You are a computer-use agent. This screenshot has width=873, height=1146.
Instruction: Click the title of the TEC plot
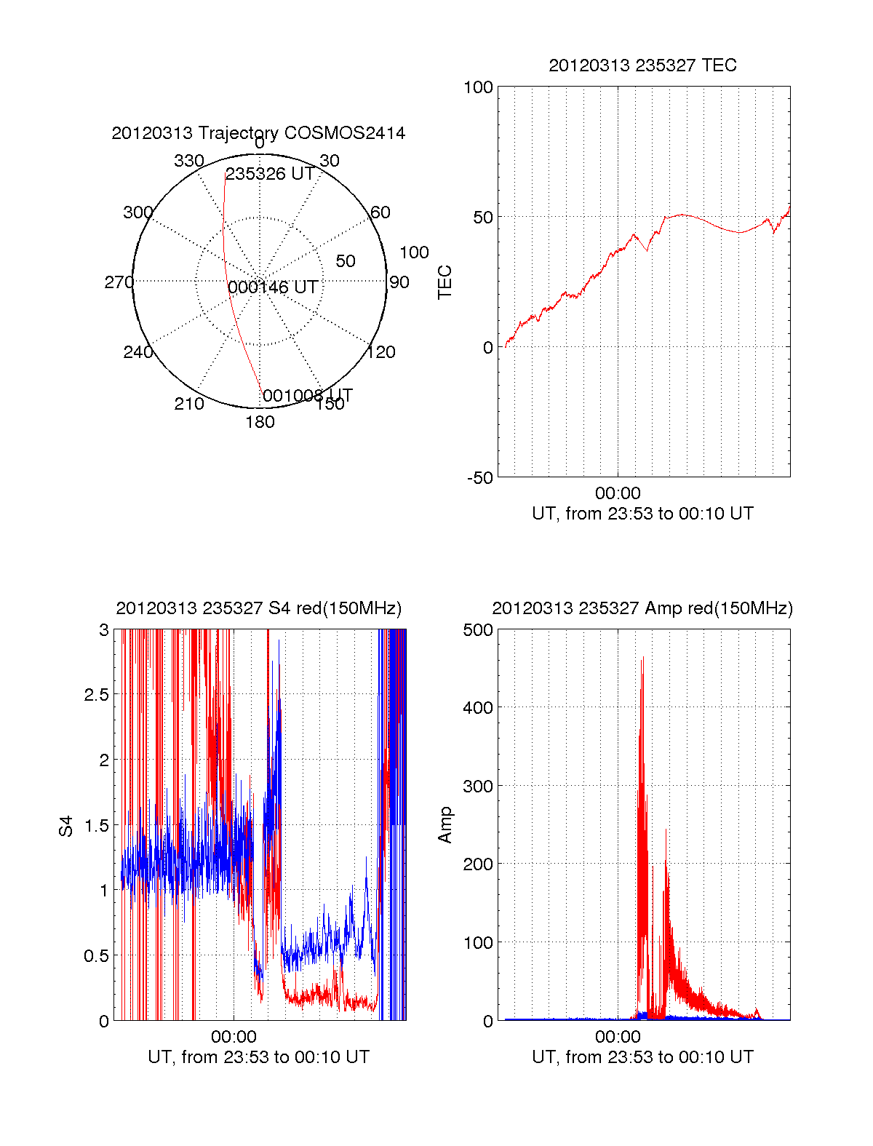pyautogui.click(x=642, y=65)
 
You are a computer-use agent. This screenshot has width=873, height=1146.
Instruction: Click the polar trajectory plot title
pyautogui.click(x=258, y=133)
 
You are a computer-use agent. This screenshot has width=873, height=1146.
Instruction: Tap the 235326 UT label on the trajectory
pyautogui.click(x=270, y=174)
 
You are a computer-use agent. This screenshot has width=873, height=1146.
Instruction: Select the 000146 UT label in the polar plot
pyautogui.click(x=273, y=287)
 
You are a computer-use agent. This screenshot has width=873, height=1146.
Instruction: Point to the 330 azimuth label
pyautogui.click(x=188, y=161)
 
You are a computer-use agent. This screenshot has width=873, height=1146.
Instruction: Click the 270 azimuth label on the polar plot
pyautogui.click(x=119, y=282)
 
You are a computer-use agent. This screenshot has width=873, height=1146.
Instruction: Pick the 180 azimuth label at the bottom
pyautogui.click(x=260, y=422)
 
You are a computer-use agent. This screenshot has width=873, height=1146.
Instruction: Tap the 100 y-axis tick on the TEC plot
pyautogui.click(x=478, y=87)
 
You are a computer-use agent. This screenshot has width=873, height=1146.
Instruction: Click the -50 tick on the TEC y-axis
pyautogui.click(x=479, y=478)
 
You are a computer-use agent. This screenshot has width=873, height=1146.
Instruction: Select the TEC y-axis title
pyautogui.click(x=445, y=282)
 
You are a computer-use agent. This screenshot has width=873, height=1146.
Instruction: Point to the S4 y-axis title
pyautogui.click(x=66, y=826)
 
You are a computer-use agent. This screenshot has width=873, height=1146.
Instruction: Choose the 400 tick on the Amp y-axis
pyautogui.click(x=478, y=707)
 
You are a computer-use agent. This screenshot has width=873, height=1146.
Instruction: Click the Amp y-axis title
pyautogui.click(x=445, y=825)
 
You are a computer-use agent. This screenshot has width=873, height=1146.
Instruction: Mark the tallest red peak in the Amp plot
pyautogui.click(x=643, y=658)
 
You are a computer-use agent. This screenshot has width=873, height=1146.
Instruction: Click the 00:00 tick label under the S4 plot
pyautogui.click(x=234, y=1036)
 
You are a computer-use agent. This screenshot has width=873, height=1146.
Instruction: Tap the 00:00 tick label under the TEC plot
pyautogui.click(x=618, y=494)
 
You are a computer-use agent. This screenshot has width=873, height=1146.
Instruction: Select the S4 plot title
pyautogui.click(x=258, y=608)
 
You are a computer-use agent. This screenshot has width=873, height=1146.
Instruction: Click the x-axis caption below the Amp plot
pyautogui.click(x=642, y=1057)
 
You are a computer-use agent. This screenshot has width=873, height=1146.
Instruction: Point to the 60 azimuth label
pyautogui.click(x=380, y=212)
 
